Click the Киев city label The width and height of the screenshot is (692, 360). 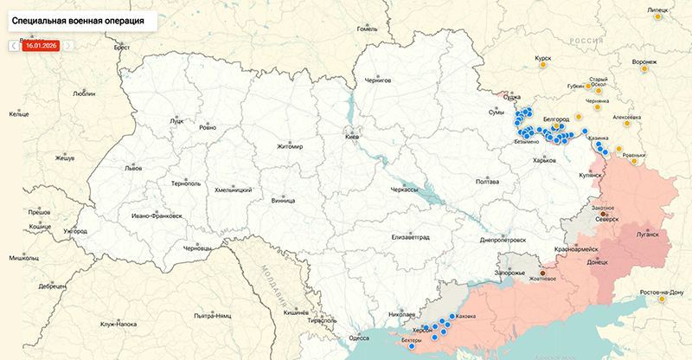pos(352,137)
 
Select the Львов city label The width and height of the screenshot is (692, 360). pos(133,168)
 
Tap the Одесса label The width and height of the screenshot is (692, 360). pos(360,337)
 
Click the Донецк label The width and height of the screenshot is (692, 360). pos(598,261)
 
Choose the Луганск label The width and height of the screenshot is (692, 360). pos(647,234)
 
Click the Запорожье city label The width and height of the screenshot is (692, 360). pos(510,273)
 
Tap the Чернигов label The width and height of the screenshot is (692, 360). pos(378,80)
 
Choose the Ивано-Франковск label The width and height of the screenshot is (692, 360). pos(157,215)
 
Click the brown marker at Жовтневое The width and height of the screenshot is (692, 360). pos(542,267)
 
